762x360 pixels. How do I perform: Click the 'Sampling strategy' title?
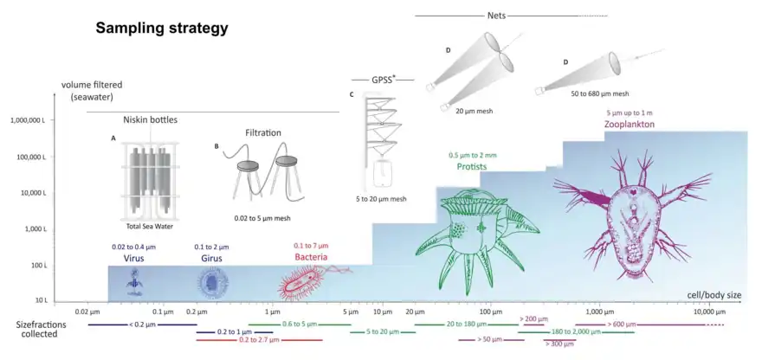coord(161,29)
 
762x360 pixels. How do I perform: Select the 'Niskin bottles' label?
coord(151,119)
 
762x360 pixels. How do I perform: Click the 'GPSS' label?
coord(380,79)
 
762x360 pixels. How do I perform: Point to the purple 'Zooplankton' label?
coord(630,125)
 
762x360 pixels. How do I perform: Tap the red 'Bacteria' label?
coord(311,256)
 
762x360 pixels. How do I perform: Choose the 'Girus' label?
coord(211,256)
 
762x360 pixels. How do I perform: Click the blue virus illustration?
coord(134,278)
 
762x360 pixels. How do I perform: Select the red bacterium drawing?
coord(304,281)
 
